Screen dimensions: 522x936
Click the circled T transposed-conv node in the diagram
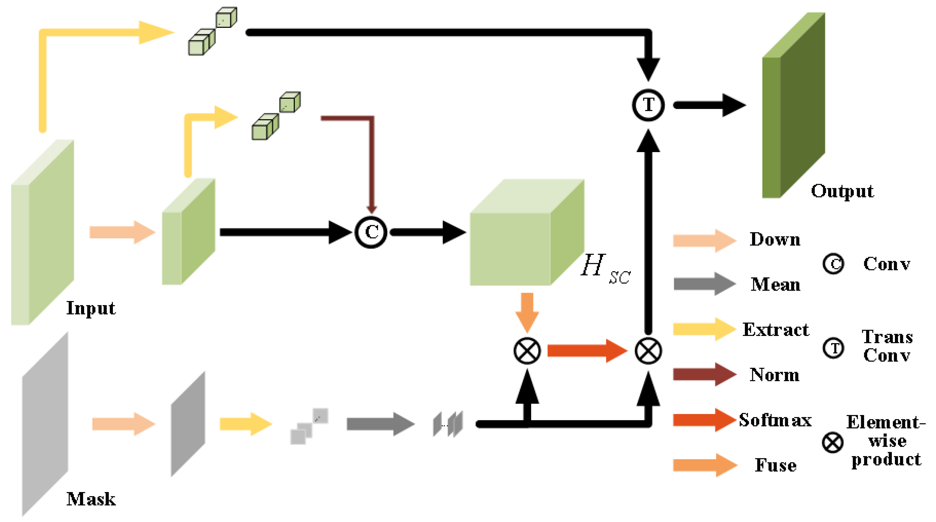click(x=648, y=105)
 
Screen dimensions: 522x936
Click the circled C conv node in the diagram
click(x=371, y=232)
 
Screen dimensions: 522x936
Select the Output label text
click(x=842, y=191)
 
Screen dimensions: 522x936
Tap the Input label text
click(x=91, y=308)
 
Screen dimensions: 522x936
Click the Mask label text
click(x=91, y=499)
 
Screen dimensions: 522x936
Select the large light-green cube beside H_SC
click(x=519, y=240)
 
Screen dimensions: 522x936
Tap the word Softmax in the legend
click(x=775, y=420)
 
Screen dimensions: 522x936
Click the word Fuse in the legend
click(x=776, y=465)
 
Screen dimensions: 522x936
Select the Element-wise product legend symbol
click(x=832, y=443)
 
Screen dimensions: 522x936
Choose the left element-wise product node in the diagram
click(x=527, y=351)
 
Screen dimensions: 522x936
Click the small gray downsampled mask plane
click(x=188, y=424)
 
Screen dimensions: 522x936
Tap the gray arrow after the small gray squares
click(x=380, y=424)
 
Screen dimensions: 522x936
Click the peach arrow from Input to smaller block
click(x=122, y=232)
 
